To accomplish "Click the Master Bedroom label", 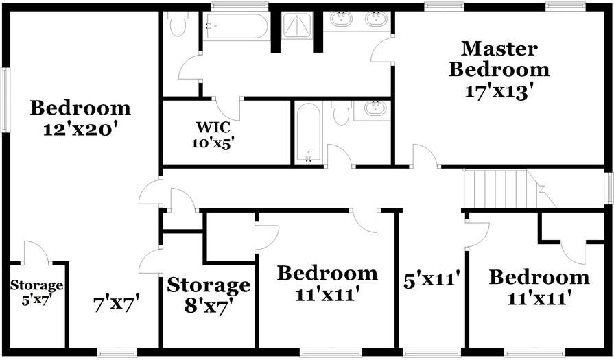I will (x=498, y=59).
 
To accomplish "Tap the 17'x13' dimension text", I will (x=498, y=91).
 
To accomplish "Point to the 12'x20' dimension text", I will (x=80, y=129).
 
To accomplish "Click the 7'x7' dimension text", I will (x=117, y=302).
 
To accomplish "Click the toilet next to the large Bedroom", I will (x=179, y=25).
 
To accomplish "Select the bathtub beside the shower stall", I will (x=235, y=27).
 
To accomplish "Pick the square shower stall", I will (x=297, y=28).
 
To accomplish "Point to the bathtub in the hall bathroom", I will (x=308, y=132).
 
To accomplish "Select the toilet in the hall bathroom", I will (x=342, y=112).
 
